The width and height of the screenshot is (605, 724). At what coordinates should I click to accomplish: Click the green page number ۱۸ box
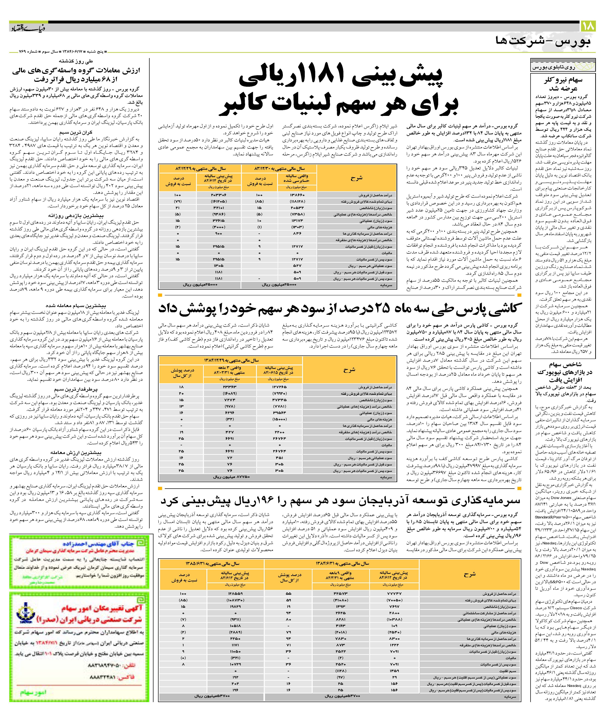pyautogui.click(x=588, y=26)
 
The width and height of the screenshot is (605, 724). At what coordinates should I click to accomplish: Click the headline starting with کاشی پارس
pyautogui.click(x=340, y=308)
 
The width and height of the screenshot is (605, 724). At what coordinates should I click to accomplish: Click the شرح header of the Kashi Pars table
pyautogui.click(x=349, y=370)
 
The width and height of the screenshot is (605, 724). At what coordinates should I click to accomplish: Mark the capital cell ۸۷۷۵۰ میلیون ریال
pyautogui.click(x=231, y=477)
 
